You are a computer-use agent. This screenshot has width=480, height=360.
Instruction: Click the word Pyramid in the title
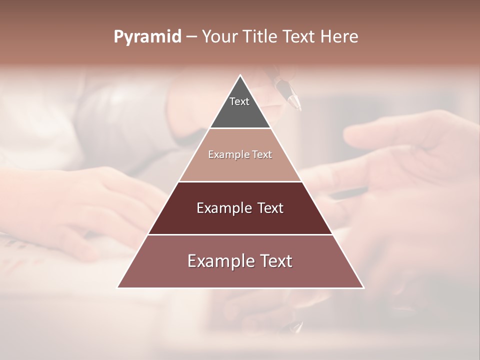click(147, 37)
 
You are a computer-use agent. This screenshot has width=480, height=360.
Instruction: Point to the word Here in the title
click(339, 37)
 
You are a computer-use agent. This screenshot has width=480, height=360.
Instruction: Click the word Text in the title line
click(298, 37)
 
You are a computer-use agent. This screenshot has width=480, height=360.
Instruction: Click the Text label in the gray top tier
click(239, 101)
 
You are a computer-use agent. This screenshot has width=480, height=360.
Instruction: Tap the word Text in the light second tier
click(261, 154)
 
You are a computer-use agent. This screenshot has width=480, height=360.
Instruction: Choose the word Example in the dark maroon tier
click(222, 208)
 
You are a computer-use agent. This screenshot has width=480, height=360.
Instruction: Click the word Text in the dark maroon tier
click(270, 208)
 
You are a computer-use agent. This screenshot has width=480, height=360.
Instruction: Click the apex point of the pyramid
click(240, 75)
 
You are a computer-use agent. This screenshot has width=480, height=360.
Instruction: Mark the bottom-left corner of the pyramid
click(118, 287)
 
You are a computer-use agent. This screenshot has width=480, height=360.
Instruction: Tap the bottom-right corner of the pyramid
click(363, 287)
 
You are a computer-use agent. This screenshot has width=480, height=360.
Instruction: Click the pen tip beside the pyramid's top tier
click(298, 107)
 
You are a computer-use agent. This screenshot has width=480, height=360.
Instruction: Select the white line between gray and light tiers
click(240, 128)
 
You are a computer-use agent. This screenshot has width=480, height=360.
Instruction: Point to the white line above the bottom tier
click(240, 234)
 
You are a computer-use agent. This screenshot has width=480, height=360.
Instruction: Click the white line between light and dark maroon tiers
click(240, 181)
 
